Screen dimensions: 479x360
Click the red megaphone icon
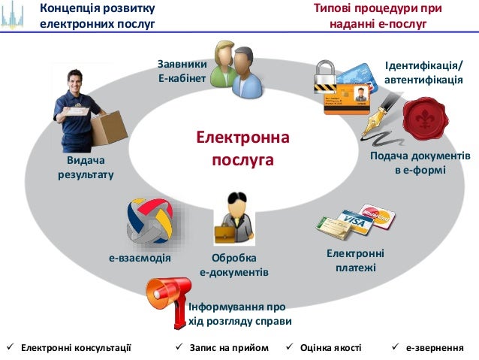pyautogui.click(x=165, y=294)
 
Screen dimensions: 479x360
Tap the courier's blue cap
pyautogui.click(x=74, y=76)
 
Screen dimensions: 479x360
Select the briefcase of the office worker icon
pyautogui.click(x=225, y=234)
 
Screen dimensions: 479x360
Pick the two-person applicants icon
pyautogui.click(x=234, y=69)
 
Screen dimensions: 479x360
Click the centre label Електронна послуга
pyautogui.click(x=243, y=149)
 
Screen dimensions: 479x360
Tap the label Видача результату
pyautogui.click(x=86, y=168)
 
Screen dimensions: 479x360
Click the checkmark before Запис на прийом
pyautogui.click(x=179, y=348)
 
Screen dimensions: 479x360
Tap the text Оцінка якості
pyautogui.click(x=330, y=348)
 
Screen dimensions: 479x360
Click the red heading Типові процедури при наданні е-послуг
pyautogui.click(x=378, y=16)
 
